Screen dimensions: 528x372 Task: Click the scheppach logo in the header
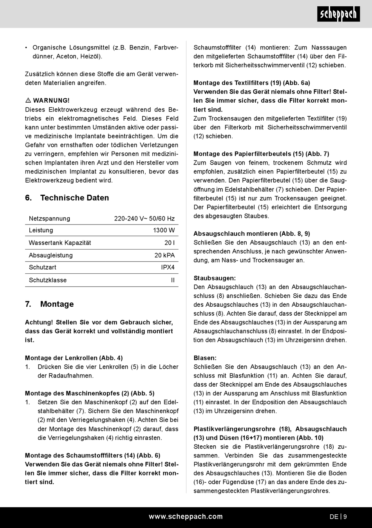(338, 14)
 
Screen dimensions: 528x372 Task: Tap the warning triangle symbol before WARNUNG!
(28, 101)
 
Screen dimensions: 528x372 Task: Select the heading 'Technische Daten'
(74, 198)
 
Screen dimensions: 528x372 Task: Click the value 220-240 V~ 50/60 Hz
(144, 219)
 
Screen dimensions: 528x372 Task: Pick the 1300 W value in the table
(164, 230)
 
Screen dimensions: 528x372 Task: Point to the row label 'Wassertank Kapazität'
(60, 243)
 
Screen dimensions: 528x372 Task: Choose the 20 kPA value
(164, 255)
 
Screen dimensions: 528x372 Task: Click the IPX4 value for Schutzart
(168, 268)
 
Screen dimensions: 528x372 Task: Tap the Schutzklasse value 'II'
(173, 280)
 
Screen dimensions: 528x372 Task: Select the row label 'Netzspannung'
(49, 219)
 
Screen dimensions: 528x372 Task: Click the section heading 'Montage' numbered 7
(57, 304)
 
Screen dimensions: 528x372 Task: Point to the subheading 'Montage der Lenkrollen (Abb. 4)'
(74, 358)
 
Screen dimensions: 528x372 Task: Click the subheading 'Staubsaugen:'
(215, 278)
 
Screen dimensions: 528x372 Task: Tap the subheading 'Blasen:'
(205, 358)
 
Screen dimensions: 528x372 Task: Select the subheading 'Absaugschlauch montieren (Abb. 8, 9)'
(251, 234)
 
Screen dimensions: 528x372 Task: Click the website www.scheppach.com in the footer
(186, 517)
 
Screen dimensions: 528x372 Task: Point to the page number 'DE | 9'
(338, 517)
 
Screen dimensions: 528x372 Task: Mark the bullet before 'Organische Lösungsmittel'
(26, 48)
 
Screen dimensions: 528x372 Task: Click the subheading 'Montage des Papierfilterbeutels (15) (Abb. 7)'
(261, 154)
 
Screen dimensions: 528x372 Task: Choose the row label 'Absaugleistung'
(51, 255)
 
